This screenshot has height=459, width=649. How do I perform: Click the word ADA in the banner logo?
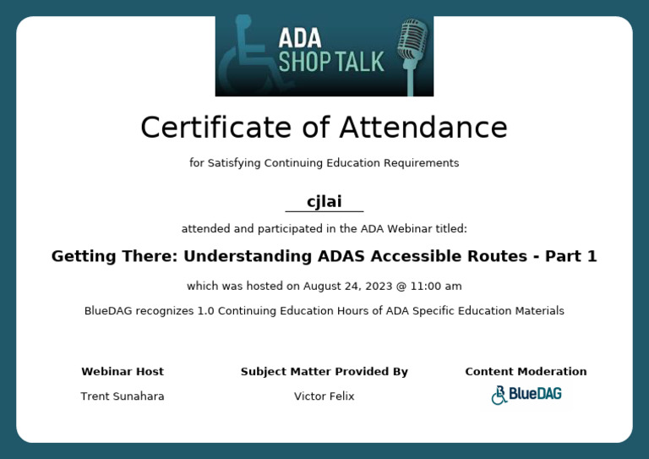299,37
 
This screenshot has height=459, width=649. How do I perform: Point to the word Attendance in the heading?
423,128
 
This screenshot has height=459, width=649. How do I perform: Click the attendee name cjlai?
324,201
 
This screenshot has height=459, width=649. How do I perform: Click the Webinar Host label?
123,371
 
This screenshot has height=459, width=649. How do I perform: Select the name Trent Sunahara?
123,396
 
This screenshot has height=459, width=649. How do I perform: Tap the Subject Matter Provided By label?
324,371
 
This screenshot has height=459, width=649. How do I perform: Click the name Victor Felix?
324,396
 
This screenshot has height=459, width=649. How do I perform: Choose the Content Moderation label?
526,371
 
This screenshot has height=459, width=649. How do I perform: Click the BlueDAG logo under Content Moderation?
526,395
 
